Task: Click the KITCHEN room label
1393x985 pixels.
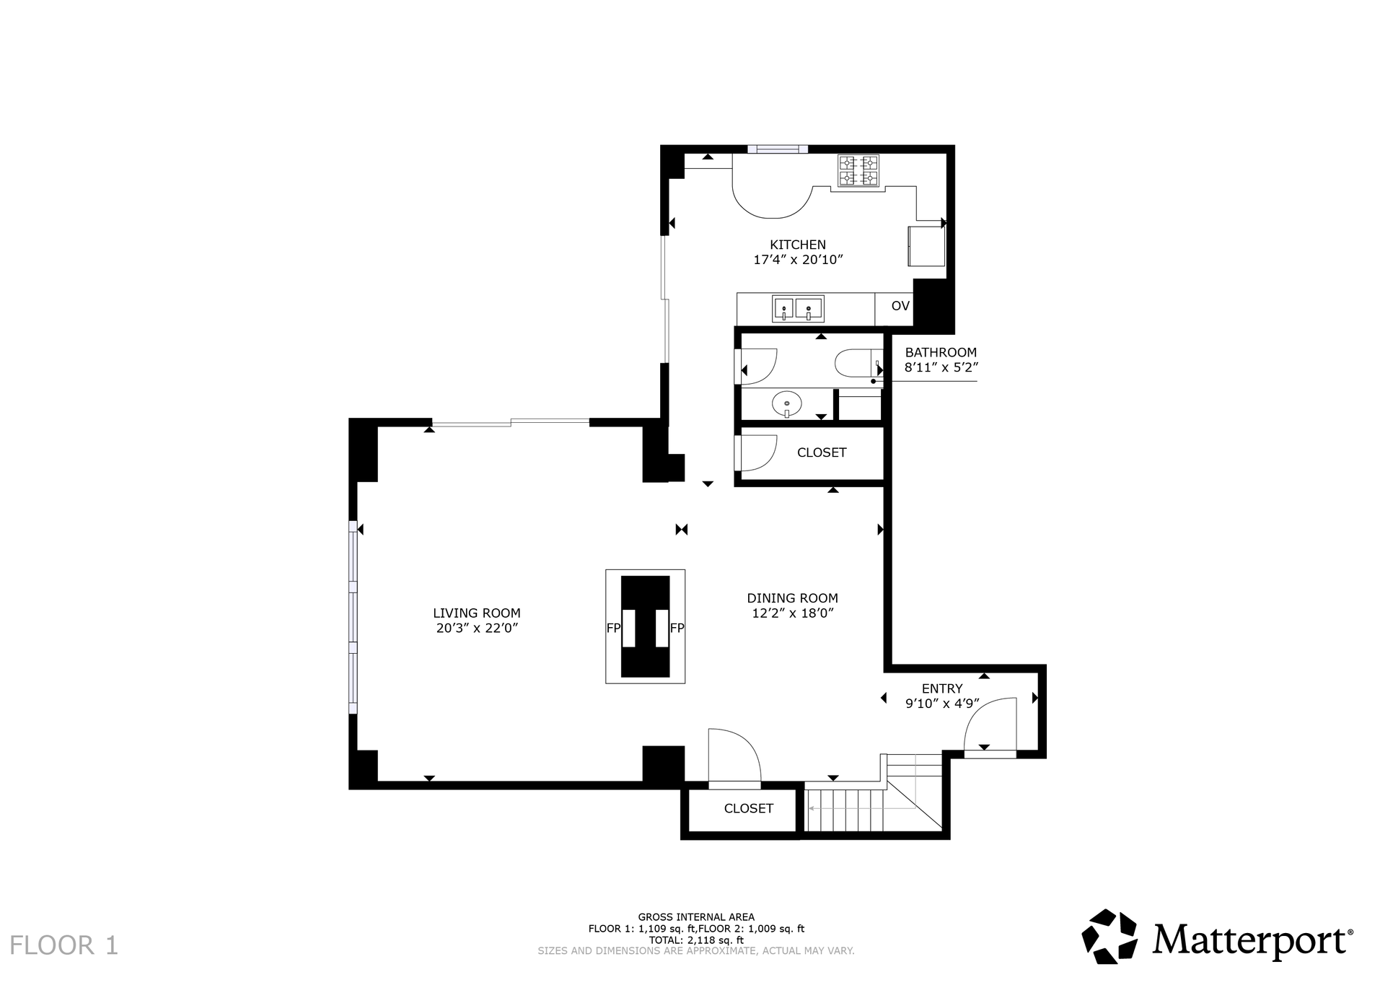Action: tap(798, 245)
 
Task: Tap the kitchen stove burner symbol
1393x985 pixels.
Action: tap(858, 170)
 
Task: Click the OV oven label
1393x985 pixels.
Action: tap(900, 306)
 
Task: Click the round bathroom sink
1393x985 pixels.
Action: tap(787, 404)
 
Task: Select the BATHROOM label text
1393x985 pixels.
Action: tap(941, 352)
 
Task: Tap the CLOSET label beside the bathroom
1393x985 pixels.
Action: tap(822, 452)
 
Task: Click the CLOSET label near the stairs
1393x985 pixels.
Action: tap(749, 808)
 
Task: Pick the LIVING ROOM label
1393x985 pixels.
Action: tap(477, 613)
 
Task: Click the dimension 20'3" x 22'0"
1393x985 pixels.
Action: tap(477, 629)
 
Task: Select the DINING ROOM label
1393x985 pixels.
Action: tap(792, 598)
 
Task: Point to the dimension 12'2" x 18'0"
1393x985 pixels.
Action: tap(792, 613)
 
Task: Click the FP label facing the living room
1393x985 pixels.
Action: tap(613, 628)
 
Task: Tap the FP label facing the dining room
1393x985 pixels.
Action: tap(677, 628)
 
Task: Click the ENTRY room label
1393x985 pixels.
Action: tap(942, 688)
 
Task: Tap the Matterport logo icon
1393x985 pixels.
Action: tap(1109, 936)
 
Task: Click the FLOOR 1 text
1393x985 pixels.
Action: tap(63, 945)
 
